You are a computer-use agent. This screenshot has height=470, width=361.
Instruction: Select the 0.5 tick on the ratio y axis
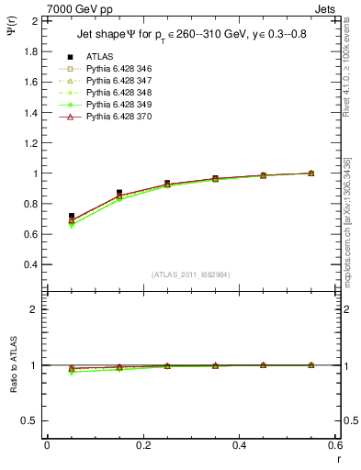31,420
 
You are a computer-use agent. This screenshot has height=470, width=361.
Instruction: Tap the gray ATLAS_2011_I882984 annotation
190,274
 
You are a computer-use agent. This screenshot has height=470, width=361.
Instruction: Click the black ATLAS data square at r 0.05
72,216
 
